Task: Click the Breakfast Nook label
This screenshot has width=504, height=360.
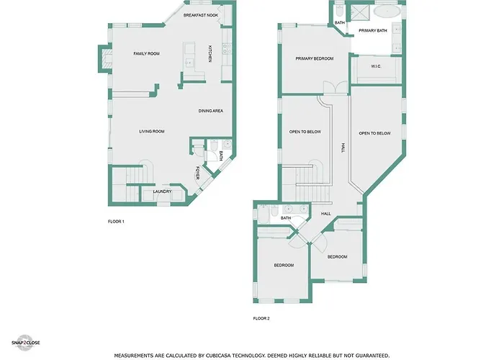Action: [x=201, y=15]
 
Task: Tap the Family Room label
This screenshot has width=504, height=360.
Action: [x=147, y=54]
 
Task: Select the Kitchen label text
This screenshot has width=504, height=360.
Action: [x=210, y=53]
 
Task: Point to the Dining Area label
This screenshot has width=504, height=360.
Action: [x=210, y=111]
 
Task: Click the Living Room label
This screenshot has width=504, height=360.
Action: [x=152, y=132]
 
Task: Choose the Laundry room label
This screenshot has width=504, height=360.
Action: [x=162, y=192]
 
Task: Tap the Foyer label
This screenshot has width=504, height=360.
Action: [x=198, y=173]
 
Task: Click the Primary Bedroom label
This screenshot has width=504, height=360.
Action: [x=315, y=58]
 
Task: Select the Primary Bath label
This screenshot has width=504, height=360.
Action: [x=373, y=30]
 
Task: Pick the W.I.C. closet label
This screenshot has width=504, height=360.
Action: [x=376, y=66]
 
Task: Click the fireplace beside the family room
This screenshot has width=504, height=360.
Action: [x=106, y=59]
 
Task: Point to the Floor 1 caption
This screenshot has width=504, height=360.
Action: [x=116, y=222]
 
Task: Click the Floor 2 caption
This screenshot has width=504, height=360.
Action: [x=261, y=318]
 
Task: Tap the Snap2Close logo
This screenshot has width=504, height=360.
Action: [x=25, y=343]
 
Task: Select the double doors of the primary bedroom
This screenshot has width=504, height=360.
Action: [x=336, y=87]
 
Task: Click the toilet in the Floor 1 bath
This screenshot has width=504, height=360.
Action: [x=214, y=145]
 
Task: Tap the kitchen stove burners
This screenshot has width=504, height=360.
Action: [x=227, y=49]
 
